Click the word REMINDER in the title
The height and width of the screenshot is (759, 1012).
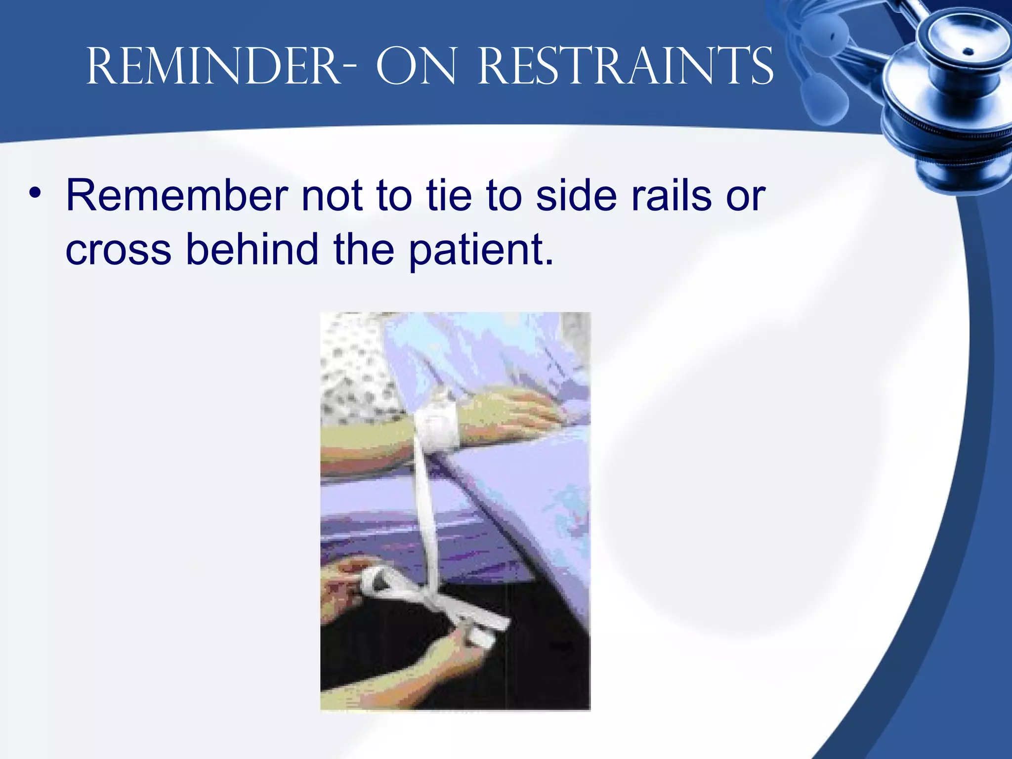tap(212, 67)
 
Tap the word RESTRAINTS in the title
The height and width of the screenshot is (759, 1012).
tap(625, 67)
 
